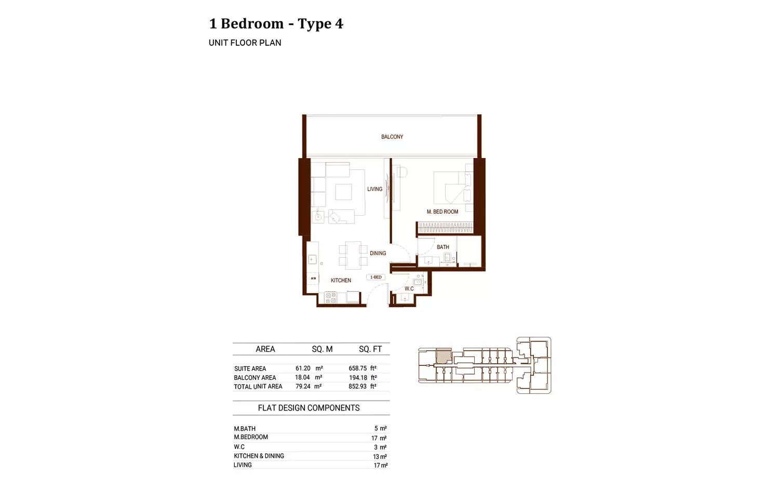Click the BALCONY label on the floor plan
pos(392,137)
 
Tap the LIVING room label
pos(374,189)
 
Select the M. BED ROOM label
pos(442,212)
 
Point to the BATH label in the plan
pos(442,247)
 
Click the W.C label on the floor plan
pos(409,288)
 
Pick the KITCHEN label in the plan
pos(341,280)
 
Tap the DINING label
pos(378,253)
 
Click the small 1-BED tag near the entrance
pos(375,277)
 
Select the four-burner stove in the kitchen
pos(330,298)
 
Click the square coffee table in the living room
pos(344,192)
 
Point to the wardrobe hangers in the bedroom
pos(446,228)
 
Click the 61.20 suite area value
pos(303,368)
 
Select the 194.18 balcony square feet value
pos(358,378)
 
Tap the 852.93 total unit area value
pos(357,386)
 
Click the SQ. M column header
pos(322,349)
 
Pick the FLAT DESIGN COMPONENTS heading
pos(309,408)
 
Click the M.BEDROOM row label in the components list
pos(251,437)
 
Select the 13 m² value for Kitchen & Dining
pos(380,456)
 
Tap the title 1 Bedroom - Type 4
pos(276,24)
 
